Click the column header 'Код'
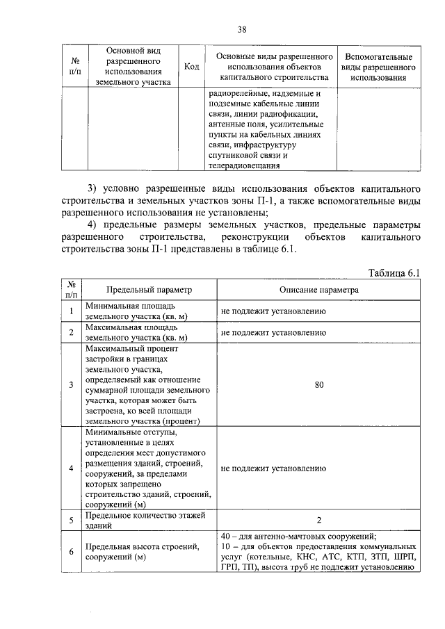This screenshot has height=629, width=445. [192, 67]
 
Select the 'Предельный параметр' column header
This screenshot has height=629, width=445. [148, 289]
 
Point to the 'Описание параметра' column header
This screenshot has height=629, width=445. [319, 289]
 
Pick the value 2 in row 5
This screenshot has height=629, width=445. [319, 520]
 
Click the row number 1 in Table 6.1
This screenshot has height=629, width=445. [71, 311]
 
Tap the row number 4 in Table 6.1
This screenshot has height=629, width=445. [71, 468]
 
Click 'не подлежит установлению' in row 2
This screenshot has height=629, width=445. [273, 332]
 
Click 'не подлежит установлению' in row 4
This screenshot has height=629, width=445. [273, 468]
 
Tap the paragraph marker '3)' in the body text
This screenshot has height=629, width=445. [93, 190]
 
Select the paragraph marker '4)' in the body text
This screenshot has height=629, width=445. [93, 226]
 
